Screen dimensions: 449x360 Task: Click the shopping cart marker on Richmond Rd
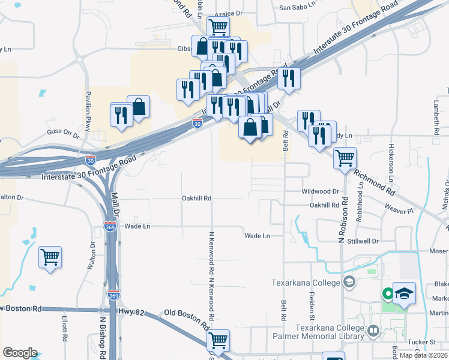(x=345, y=158)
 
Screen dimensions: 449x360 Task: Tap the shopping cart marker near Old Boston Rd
(x=218, y=340)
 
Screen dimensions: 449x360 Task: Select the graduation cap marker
(x=405, y=293)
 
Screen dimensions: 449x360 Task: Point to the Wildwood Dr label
(x=321, y=191)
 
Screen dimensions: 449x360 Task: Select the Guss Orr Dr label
(x=63, y=132)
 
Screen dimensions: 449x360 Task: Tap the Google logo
(x=20, y=353)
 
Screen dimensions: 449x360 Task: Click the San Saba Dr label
(x=298, y=8)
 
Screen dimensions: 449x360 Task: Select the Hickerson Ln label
(x=390, y=163)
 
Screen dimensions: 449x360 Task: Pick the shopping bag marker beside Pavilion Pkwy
(x=139, y=107)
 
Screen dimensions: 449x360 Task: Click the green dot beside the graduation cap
(x=388, y=293)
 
